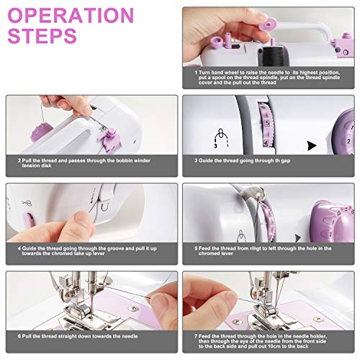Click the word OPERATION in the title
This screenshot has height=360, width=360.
(70, 16)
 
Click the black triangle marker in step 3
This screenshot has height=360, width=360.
(311, 145)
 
